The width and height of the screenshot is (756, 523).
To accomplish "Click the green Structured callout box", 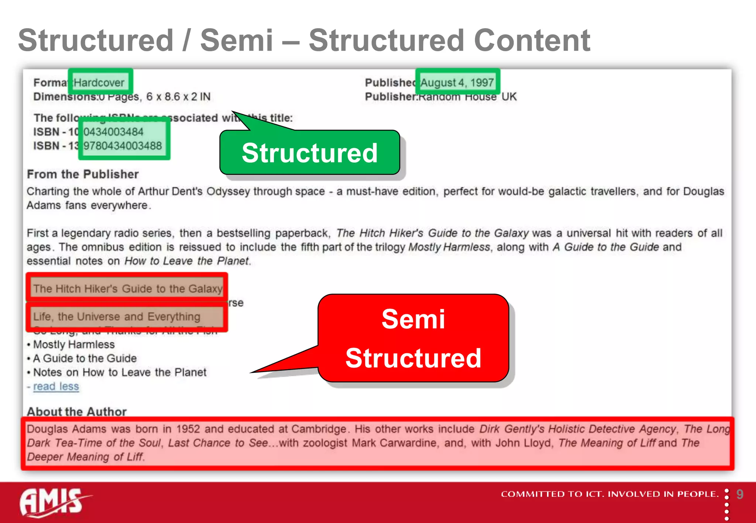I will [x=309, y=153].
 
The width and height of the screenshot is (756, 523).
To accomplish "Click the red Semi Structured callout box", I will [x=413, y=338].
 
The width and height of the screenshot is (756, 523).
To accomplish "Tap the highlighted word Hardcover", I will [x=99, y=82].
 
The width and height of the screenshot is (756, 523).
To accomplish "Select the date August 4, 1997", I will [x=457, y=82].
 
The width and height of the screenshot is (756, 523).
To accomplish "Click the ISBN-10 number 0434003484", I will [x=113, y=132].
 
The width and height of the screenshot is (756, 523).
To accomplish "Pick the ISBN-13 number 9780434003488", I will [x=123, y=146].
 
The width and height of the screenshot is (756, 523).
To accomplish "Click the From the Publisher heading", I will [x=83, y=174].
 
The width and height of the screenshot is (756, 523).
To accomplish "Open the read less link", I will [x=56, y=386].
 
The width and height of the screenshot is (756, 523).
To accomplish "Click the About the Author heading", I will [x=77, y=411].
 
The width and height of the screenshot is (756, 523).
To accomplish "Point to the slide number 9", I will [x=740, y=494].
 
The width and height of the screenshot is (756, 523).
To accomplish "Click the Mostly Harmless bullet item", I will [x=74, y=344].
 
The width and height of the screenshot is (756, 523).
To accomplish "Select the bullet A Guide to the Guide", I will [x=85, y=358].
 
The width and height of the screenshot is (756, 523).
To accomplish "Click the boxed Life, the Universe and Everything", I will [x=117, y=316].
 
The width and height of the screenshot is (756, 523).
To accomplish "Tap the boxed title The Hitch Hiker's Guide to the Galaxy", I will [x=128, y=288].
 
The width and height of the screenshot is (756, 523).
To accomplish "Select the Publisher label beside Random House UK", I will [x=391, y=97].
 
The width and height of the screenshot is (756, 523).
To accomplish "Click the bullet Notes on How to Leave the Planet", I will [x=120, y=372].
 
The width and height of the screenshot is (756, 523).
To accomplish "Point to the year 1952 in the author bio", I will [x=188, y=429].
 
